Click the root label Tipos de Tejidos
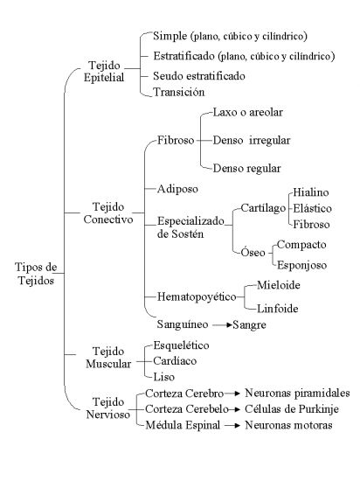[x=36, y=274]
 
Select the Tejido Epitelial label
[x=104, y=71]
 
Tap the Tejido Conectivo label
[x=108, y=213]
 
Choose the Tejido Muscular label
[x=108, y=358]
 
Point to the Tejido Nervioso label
[x=108, y=408]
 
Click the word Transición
[x=179, y=92]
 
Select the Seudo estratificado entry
[x=199, y=76]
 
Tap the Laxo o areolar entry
[x=247, y=112]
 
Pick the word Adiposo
[x=177, y=189]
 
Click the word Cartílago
[x=263, y=208]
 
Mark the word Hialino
[x=311, y=192]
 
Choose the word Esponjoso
[x=301, y=265]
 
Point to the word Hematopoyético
[x=197, y=296]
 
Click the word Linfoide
[x=278, y=309]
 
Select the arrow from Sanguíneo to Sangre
[x=222, y=324]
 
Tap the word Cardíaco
[x=175, y=360]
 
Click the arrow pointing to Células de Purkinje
[x=234, y=409]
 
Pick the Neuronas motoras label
[x=288, y=425]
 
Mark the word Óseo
[x=253, y=252]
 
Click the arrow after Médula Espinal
[x=232, y=426]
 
